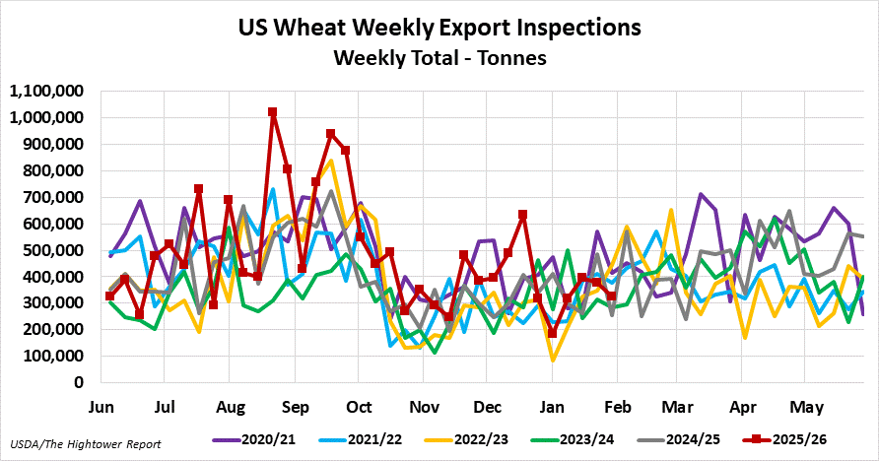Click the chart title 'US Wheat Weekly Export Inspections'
click(x=439, y=26)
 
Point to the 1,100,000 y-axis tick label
click(x=47, y=92)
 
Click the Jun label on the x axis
click(x=101, y=406)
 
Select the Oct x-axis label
click(x=360, y=406)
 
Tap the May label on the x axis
click(x=808, y=406)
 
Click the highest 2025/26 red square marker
click(x=273, y=112)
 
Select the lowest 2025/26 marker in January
click(x=552, y=333)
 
